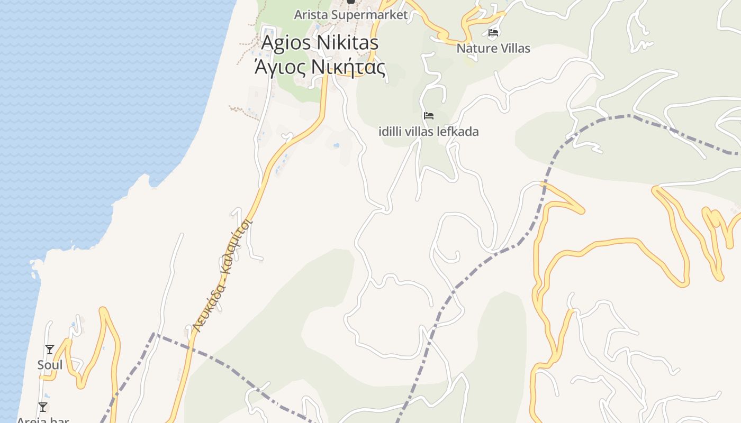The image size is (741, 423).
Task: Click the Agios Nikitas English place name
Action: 320,42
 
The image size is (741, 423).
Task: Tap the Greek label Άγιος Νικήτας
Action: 320,67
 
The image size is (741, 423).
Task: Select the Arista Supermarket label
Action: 351,15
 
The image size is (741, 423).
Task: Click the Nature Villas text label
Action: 493,49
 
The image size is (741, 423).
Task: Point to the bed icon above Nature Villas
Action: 493,33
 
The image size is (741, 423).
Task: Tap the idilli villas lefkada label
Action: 429,132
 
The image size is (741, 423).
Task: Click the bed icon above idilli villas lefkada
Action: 429,116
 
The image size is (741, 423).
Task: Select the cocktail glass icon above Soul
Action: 50,350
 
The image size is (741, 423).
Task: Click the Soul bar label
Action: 50,365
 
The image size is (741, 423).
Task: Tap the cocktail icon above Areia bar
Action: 43,407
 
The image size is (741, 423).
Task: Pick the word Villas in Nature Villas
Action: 513,49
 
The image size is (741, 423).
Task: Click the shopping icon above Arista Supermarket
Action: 350,2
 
